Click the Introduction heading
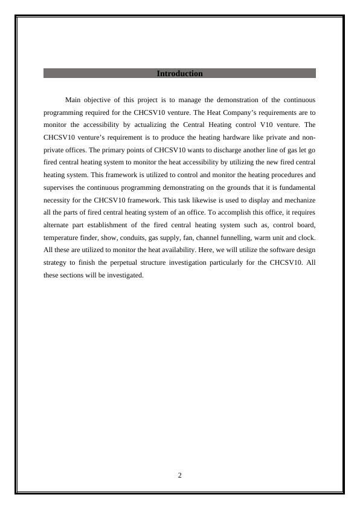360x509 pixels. (179, 74)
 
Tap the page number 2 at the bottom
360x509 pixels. (180, 475)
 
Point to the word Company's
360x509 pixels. (220, 112)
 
